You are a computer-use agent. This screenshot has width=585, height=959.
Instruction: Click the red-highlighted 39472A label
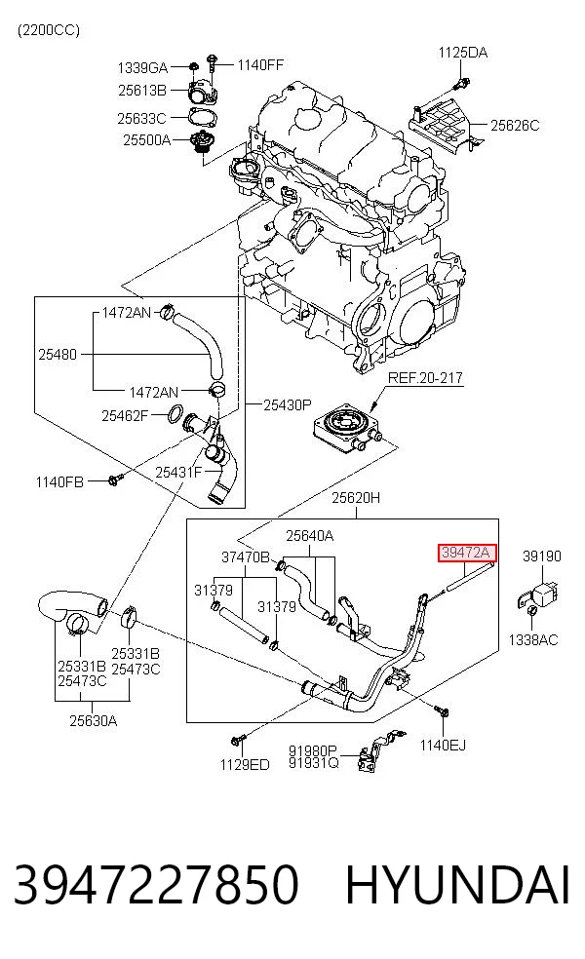[x=466, y=553]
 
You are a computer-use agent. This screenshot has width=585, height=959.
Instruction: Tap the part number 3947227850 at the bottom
[x=156, y=885]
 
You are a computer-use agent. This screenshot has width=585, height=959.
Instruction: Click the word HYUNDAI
[x=457, y=885]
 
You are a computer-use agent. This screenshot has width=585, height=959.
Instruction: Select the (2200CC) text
[x=49, y=30]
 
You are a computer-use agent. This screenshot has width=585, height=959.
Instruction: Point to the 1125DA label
[x=462, y=53]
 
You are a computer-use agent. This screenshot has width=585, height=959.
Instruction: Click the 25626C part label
[x=515, y=126]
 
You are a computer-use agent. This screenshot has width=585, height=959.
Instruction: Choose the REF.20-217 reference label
[x=425, y=378]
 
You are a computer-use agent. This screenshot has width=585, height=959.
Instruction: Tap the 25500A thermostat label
[x=147, y=140]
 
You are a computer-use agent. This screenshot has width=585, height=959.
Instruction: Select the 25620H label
[x=356, y=498]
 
